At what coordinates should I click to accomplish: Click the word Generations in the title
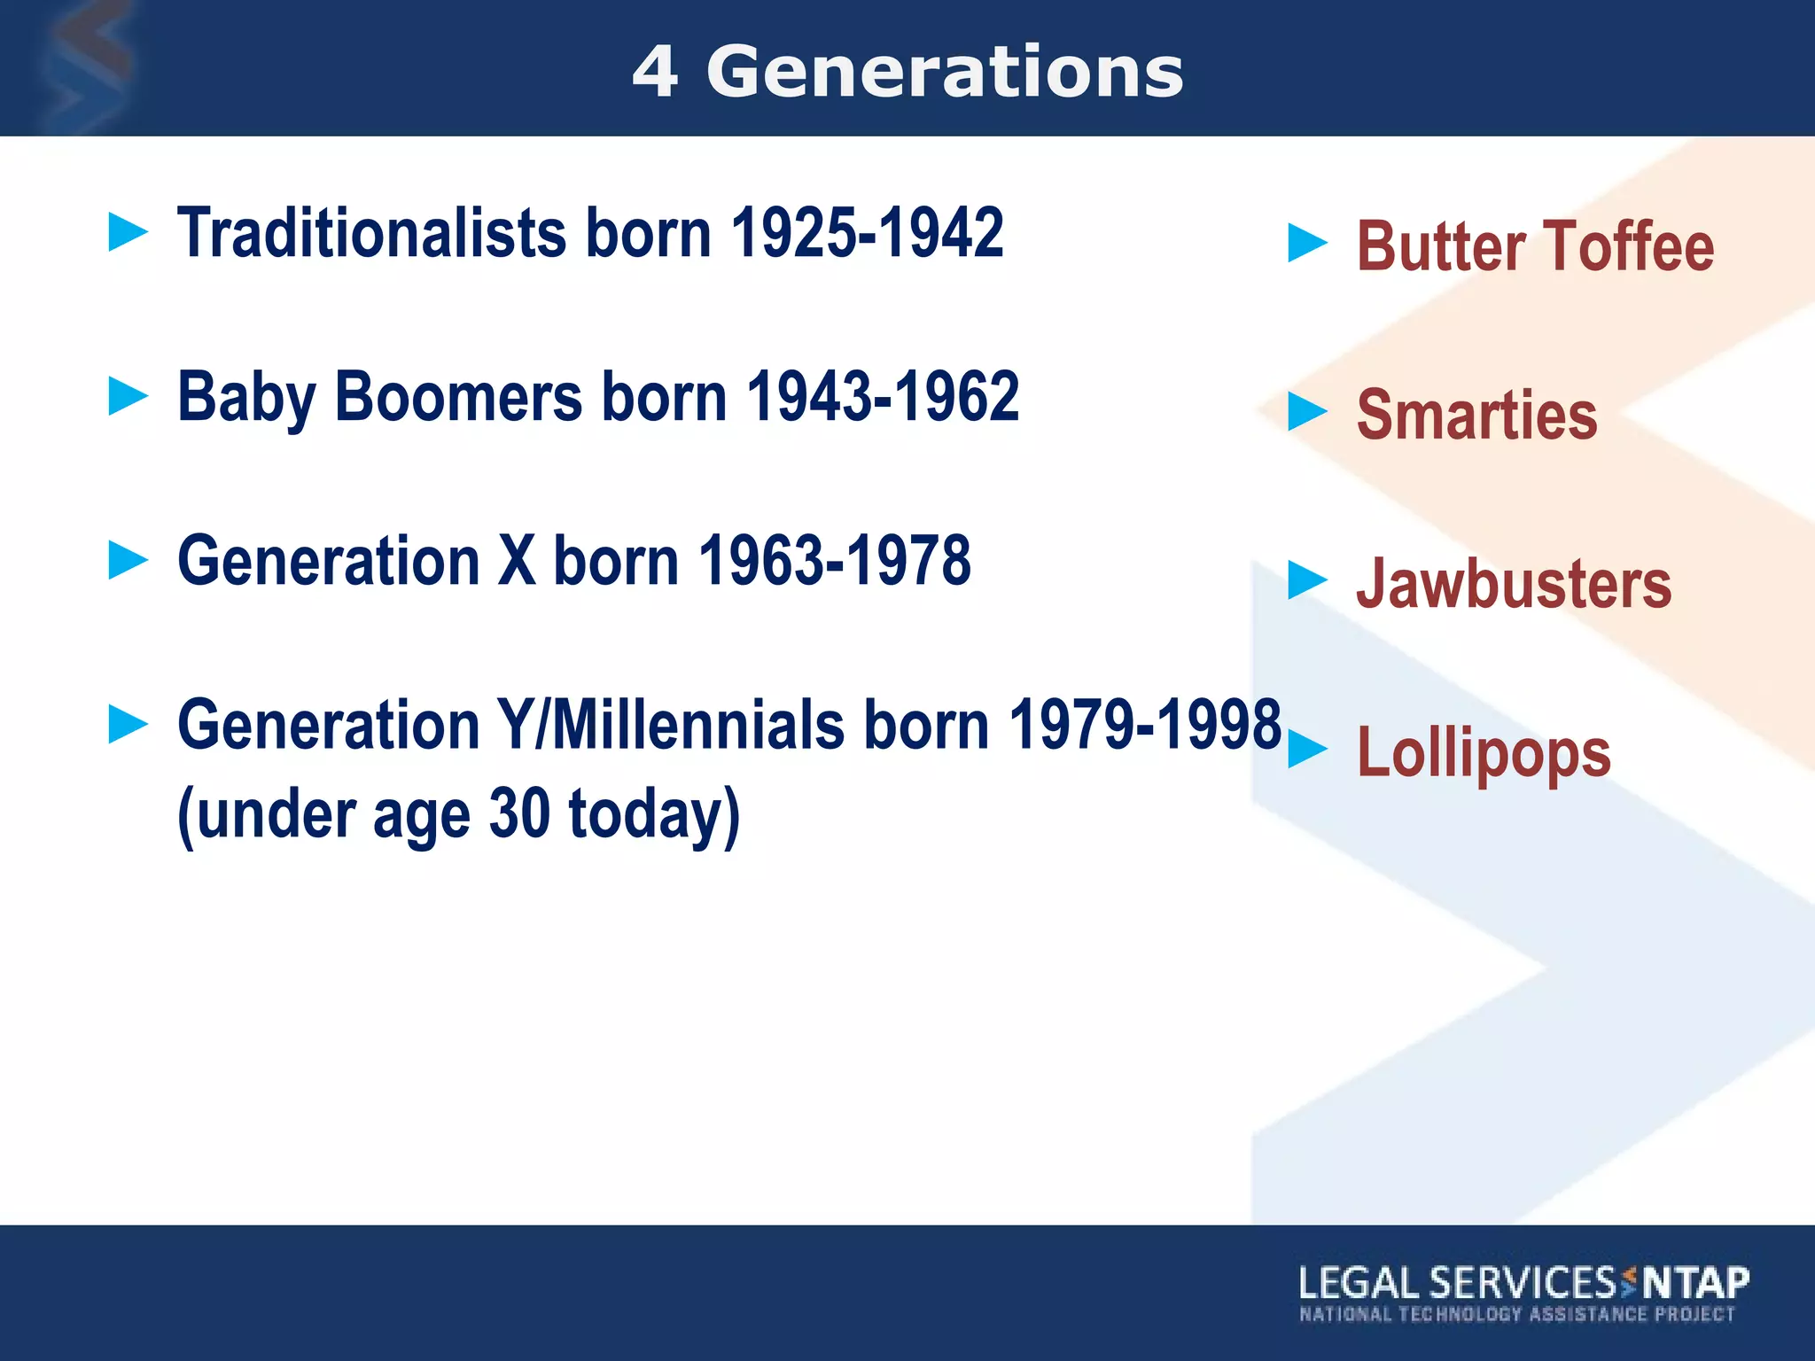tap(945, 73)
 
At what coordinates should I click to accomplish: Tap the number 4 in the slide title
tap(656, 73)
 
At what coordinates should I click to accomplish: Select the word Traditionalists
tap(371, 233)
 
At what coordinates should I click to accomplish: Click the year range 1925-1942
tap(867, 233)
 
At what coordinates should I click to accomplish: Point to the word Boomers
tap(458, 397)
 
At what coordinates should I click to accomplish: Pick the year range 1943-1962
tap(883, 397)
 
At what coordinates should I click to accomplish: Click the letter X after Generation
tap(517, 561)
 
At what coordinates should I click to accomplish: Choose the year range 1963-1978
tap(835, 561)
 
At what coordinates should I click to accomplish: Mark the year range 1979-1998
tap(1145, 725)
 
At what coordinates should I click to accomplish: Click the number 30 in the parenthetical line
tap(519, 813)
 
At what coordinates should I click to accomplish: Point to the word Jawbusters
tap(1514, 584)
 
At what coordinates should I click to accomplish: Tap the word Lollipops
tap(1484, 753)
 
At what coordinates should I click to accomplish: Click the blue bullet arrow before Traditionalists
tap(128, 233)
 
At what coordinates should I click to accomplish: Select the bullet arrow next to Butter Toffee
tap(1307, 244)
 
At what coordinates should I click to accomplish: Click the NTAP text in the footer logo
tap(1695, 1283)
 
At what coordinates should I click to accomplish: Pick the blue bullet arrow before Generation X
tap(128, 561)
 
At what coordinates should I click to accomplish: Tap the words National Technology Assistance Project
tap(1516, 1314)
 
